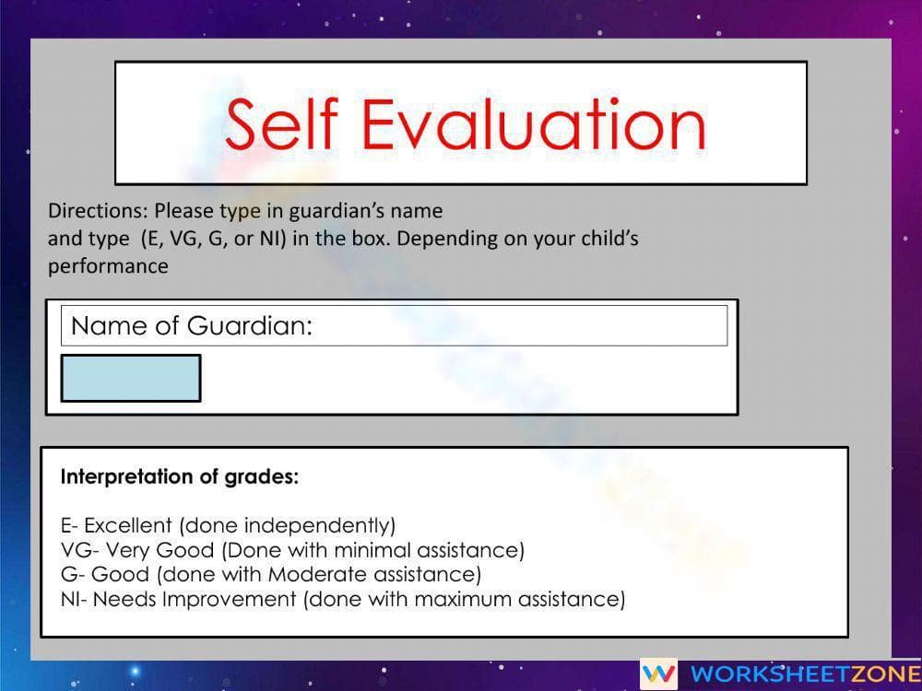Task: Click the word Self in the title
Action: pos(282,124)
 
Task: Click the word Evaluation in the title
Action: pos(533,124)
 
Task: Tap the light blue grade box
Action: pos(131,379)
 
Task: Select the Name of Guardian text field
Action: pos(394,325)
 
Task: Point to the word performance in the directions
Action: pos(108,267)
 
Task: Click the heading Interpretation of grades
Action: pos(180,476)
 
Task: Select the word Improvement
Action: pos(229,600)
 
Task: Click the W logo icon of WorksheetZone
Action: pos(658,673)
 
